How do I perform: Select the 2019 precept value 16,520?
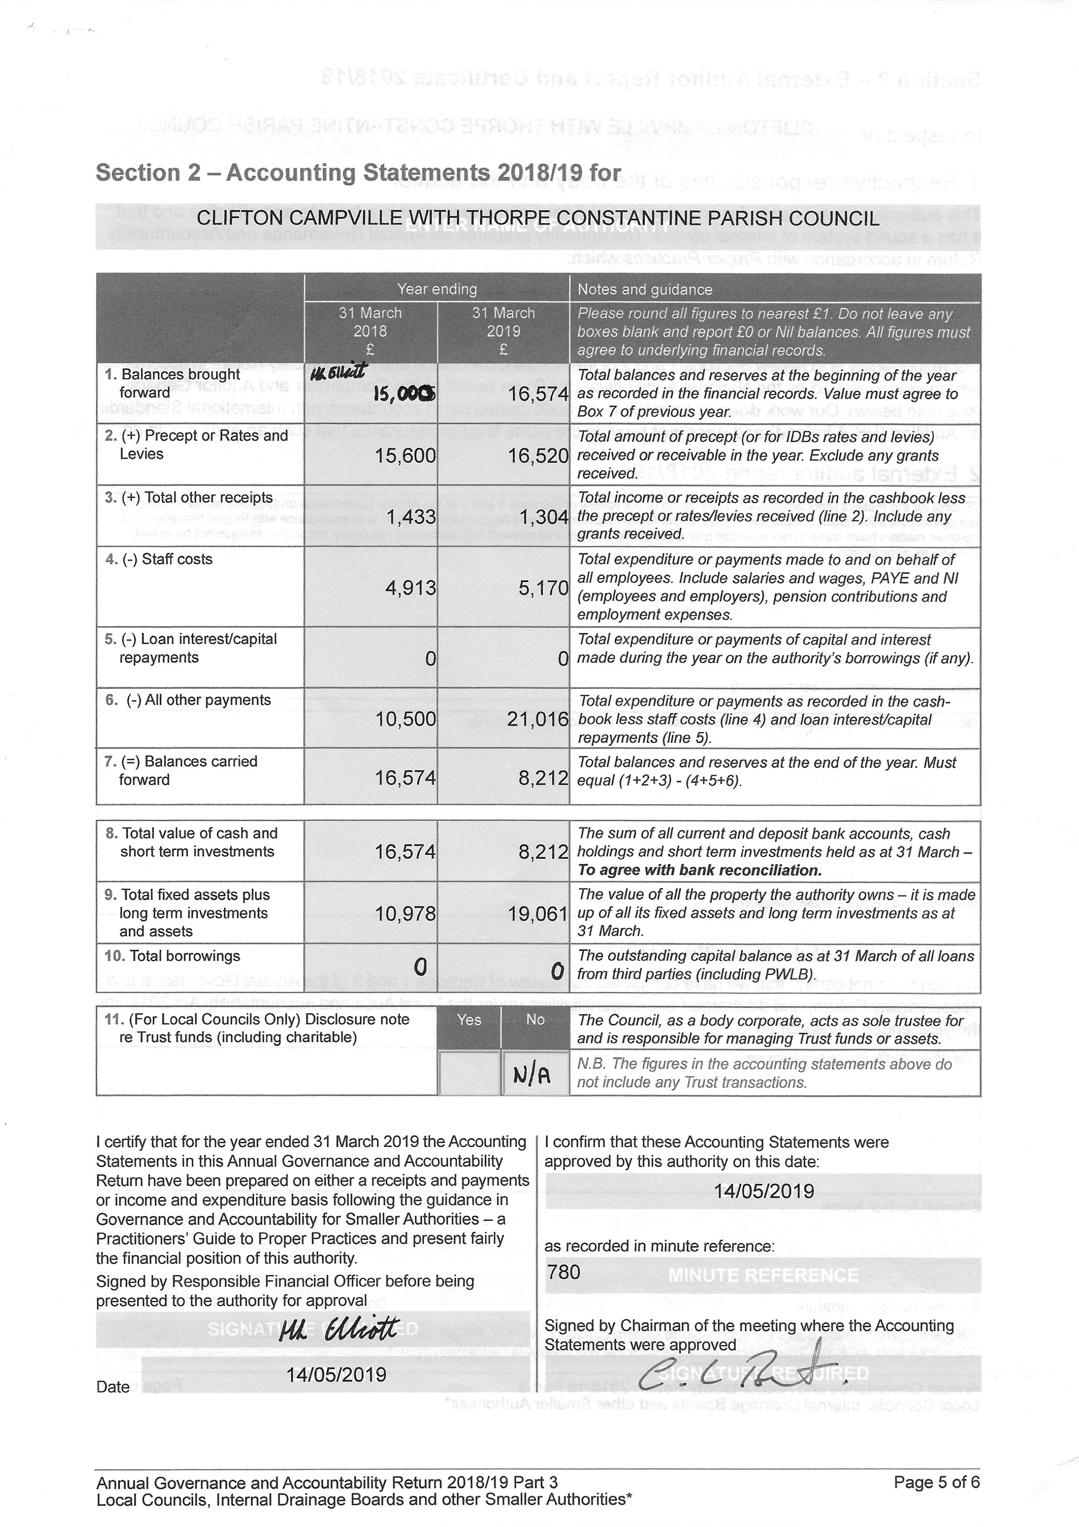pos(538,456)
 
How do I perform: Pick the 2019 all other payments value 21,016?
pos(538,719)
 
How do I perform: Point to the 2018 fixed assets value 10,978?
pos(405,914)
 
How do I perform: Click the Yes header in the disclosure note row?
pos(469,1019)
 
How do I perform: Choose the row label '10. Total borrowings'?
pos(172,956)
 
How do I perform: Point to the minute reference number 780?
pos(564,1272)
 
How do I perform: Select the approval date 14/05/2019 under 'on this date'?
pos(763,1191)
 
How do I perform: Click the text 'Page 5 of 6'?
pos(936,1483)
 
